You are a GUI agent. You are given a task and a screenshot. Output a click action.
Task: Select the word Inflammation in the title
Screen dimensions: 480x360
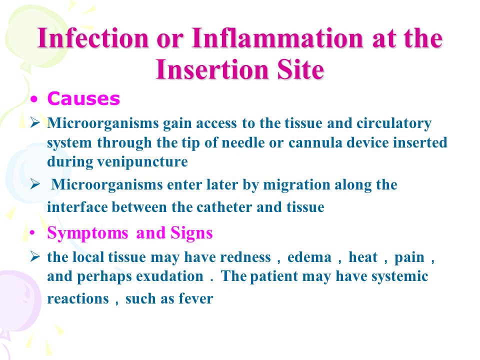pyautogui.click(x=277, y=38)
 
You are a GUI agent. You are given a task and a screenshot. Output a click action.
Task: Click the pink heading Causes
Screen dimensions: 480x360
pyautogui.click(x=83, y=99)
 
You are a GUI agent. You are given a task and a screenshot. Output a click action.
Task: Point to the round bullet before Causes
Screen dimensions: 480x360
pyautogui.click(x=34, y=99)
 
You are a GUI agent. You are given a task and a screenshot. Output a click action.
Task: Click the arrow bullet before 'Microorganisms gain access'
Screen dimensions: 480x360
pyautogui.click(x=35, y=123)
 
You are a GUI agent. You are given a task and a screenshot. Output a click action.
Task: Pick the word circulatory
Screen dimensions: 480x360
pyautogui.click(x=394, y=123)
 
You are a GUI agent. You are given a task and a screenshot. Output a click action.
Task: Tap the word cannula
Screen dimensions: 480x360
pyautogui.click(x=315, y=142)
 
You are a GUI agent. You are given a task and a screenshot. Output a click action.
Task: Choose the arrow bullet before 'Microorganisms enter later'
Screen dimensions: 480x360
pyautogui.click(x=35, y=184)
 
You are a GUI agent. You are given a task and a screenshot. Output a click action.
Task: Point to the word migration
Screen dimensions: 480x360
pyautogui.click(x=296, y=185)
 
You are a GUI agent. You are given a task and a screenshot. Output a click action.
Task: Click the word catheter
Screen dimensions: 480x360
pyautogui.click(x=224, y=207)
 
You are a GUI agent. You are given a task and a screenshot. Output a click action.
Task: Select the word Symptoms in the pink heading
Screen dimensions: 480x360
pyautogui.click(x=87, y=233)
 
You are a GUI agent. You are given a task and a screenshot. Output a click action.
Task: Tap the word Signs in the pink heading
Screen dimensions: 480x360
pyautogui.click(x=191, y=233)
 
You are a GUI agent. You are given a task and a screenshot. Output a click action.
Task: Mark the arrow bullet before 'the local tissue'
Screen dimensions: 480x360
pyautogui.click(x=35, y=256)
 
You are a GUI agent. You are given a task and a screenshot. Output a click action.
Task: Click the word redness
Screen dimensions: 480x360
pyautogui.click(x=245, y=257)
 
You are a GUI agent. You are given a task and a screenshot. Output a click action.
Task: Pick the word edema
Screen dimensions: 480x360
pyautogui.click(x=309, y=257)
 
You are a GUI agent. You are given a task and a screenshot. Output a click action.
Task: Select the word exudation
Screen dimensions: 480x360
pyautogui.click(x=170, y=276)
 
